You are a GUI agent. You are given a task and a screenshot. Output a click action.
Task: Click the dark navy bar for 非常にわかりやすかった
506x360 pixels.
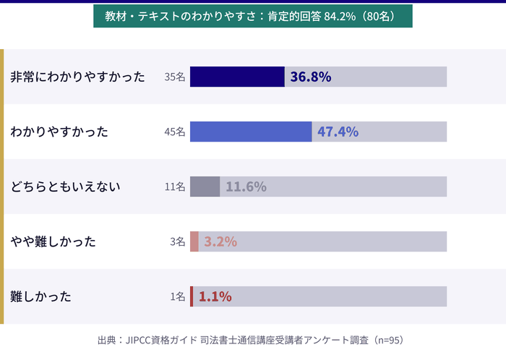tap(237, 77)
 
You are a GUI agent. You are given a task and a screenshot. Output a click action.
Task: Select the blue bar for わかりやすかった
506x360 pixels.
tap(251, 132)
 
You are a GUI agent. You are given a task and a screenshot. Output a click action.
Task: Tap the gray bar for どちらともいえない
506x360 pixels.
tap(205, 187)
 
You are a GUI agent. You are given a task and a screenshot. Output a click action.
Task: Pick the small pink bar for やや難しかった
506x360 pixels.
tap(194, 241)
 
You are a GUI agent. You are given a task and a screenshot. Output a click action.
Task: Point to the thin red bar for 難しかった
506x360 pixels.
tap(192, 296)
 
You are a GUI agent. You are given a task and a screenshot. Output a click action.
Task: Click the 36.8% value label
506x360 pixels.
tap(311, 77)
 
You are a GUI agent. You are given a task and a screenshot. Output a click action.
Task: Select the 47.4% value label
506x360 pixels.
tap(338, 132)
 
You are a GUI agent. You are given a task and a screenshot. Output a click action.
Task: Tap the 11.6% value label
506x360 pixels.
tap(246, 187)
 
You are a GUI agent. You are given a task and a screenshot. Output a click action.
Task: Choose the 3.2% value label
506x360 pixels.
tap(220, 241)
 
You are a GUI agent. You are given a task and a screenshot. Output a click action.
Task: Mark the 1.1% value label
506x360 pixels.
tap(215, 296)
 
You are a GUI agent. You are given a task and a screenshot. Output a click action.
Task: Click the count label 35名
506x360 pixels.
tap(175, 77)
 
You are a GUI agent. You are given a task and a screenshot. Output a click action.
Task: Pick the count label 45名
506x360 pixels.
tap(175, 132)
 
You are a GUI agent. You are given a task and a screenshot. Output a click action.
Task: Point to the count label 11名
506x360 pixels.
tap(175, 187)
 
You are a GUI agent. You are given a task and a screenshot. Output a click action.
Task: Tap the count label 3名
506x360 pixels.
tap(178, 241)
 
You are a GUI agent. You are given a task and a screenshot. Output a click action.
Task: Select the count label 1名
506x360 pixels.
tap(178, 296)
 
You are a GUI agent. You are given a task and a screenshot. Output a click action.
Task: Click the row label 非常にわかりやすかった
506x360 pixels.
tap(78, 77)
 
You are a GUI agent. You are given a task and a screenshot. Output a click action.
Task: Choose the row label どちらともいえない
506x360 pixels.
tap(65, 187)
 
